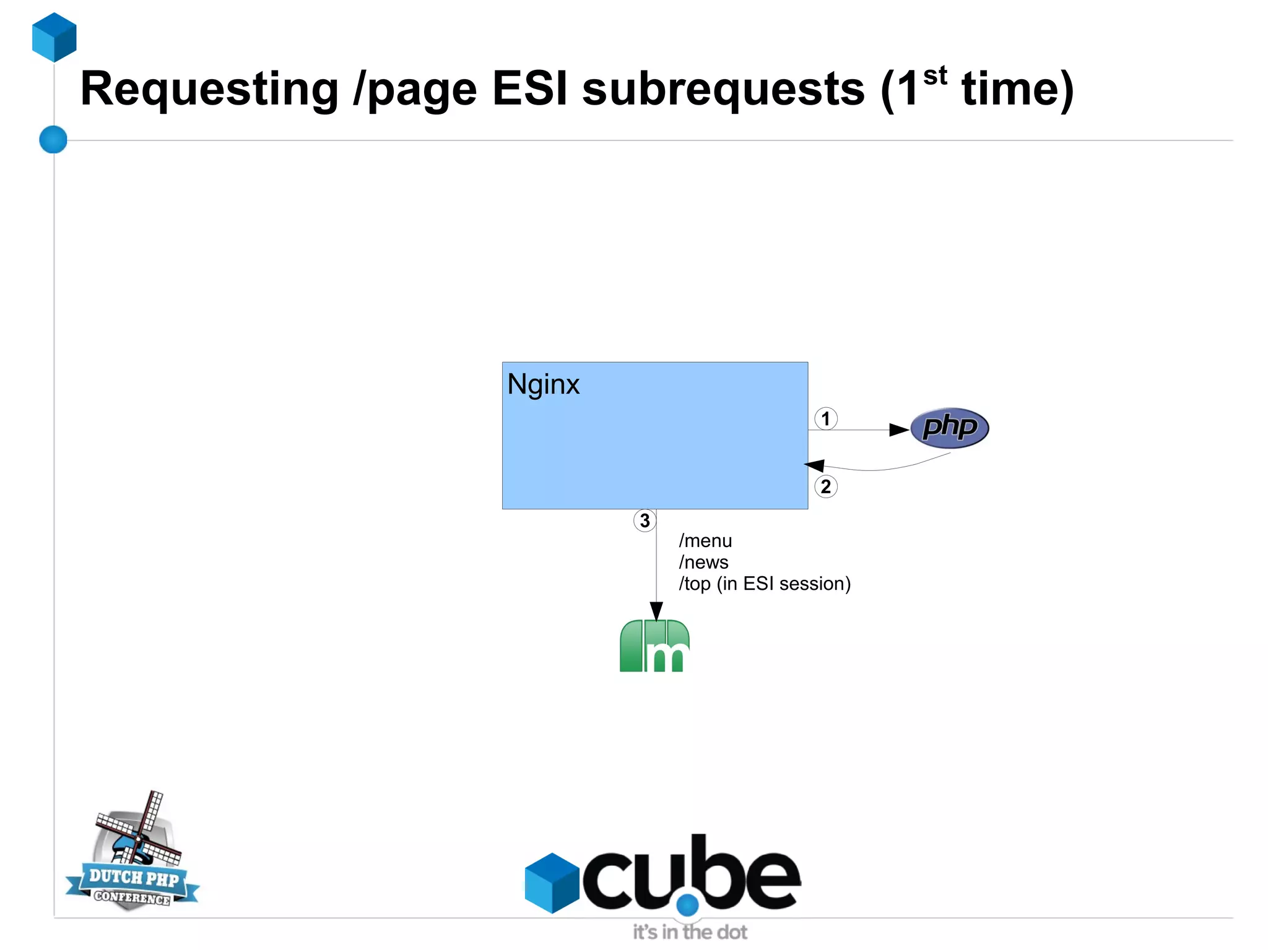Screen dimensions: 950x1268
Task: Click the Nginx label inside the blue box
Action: click(x=543, y=384)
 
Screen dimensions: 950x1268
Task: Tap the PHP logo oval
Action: click(x=949, y=428)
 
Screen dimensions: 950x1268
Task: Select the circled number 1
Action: click(x=825, y=419)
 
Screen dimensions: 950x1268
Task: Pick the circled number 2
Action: click(x=825, y=486)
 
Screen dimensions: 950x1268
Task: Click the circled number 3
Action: click(x=645, y=520)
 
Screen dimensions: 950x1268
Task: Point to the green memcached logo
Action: click(x=654, y=646)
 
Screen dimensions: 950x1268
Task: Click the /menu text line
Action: click(x=705, y=541)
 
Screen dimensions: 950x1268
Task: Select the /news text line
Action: click(x=703, y=563)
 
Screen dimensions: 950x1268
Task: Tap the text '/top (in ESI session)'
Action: click(x=765, y=584)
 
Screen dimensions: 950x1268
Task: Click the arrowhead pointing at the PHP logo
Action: click(x=899, y=430)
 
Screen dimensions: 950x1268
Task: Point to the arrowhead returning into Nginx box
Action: click(x=814, y=465)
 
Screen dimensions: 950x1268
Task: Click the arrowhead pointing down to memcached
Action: click(x=656, y=610)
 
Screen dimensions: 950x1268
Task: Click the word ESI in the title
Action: click(x=529, y=89)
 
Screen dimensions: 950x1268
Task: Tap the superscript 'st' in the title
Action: click(x=934, y=76)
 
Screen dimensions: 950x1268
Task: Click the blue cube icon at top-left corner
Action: click(x=54, y=37)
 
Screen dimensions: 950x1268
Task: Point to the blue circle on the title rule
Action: click(x=53, y=139)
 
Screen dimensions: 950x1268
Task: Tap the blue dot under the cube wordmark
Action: click(x=687, y=905)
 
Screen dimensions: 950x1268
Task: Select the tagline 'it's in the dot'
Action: click(x=689, y=932)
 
